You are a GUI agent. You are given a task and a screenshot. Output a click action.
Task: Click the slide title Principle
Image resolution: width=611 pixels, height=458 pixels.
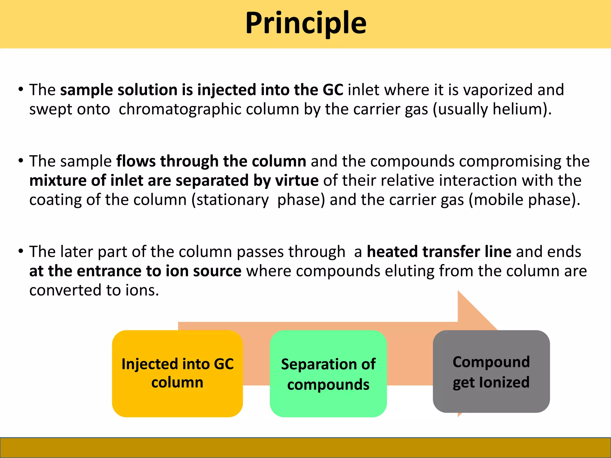tap(305, 23)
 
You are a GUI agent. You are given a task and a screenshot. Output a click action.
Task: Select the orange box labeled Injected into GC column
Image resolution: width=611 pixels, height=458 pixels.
tap(177, 373)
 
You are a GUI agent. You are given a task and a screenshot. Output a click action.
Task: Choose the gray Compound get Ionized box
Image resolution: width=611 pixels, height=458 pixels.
tap(491, 372)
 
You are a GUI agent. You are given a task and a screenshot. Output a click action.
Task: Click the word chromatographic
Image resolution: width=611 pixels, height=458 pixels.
tap(209, 109)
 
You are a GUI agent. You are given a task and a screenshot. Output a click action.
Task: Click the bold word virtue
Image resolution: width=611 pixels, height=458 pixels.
tap(297, 181)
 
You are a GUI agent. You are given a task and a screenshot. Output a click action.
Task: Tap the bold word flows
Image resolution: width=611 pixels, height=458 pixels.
tap(136, 161)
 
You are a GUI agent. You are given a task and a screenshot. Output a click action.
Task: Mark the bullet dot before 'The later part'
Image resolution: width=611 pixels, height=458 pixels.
tap(21, 251)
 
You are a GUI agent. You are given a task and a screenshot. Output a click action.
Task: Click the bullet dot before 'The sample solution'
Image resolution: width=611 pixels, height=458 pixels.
tap(21, 89)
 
